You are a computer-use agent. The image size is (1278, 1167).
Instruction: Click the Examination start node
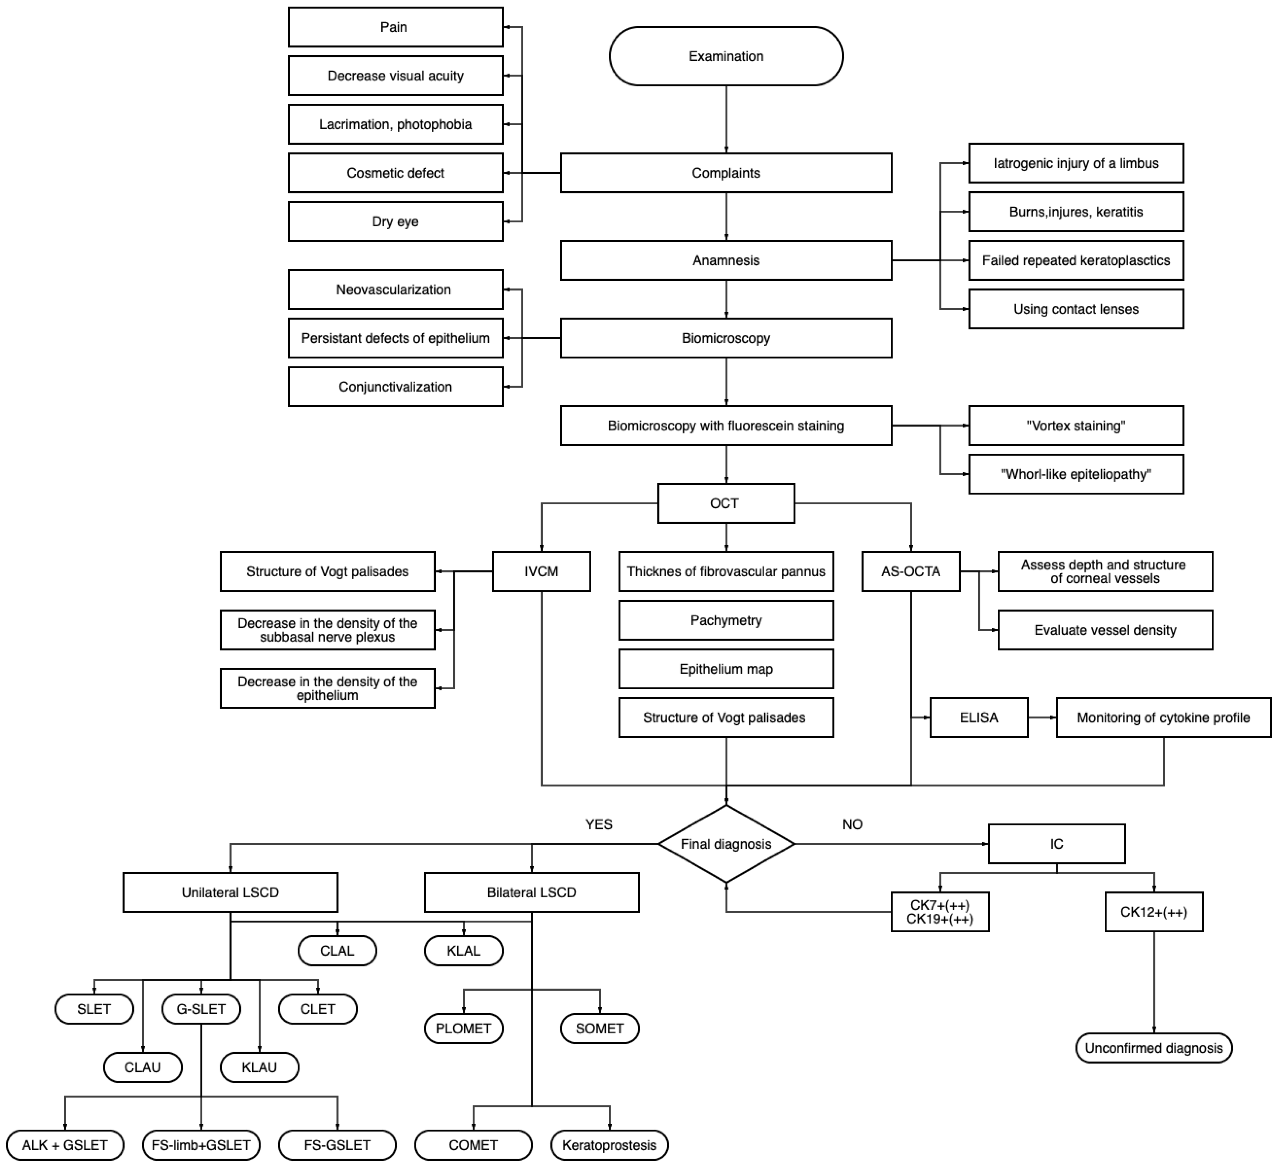coord(726,56)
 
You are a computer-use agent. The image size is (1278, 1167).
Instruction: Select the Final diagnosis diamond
coord(726,844)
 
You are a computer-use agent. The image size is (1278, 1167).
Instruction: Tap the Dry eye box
coord(396,221)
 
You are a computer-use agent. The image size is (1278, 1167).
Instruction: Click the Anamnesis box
coord(726,260)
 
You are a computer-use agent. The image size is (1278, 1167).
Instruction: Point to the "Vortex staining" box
coord(1076,426)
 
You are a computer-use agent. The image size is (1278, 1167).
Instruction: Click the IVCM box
coord(541,572)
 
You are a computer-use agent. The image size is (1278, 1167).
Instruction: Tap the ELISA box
coord(979,717)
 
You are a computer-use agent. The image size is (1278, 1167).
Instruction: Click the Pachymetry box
coord(726,620)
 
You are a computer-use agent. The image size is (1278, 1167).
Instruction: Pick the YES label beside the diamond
coord(599,824)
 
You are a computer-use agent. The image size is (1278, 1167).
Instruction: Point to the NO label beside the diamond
coord(852,824)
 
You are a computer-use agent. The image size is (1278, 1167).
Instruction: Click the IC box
coord(1057,844)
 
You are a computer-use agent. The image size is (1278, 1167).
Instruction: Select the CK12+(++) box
coord(1154,912)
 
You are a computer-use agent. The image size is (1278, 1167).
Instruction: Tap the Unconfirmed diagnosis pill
coord(1154,1048)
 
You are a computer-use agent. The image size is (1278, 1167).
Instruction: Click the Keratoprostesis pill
coord(609,1145)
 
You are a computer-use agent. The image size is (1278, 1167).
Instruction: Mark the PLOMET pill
coord(463,1028)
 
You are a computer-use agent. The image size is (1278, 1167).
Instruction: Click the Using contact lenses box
coord(1076,309)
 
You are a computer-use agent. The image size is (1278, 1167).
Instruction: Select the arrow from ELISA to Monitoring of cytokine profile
coord(1042,717)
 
